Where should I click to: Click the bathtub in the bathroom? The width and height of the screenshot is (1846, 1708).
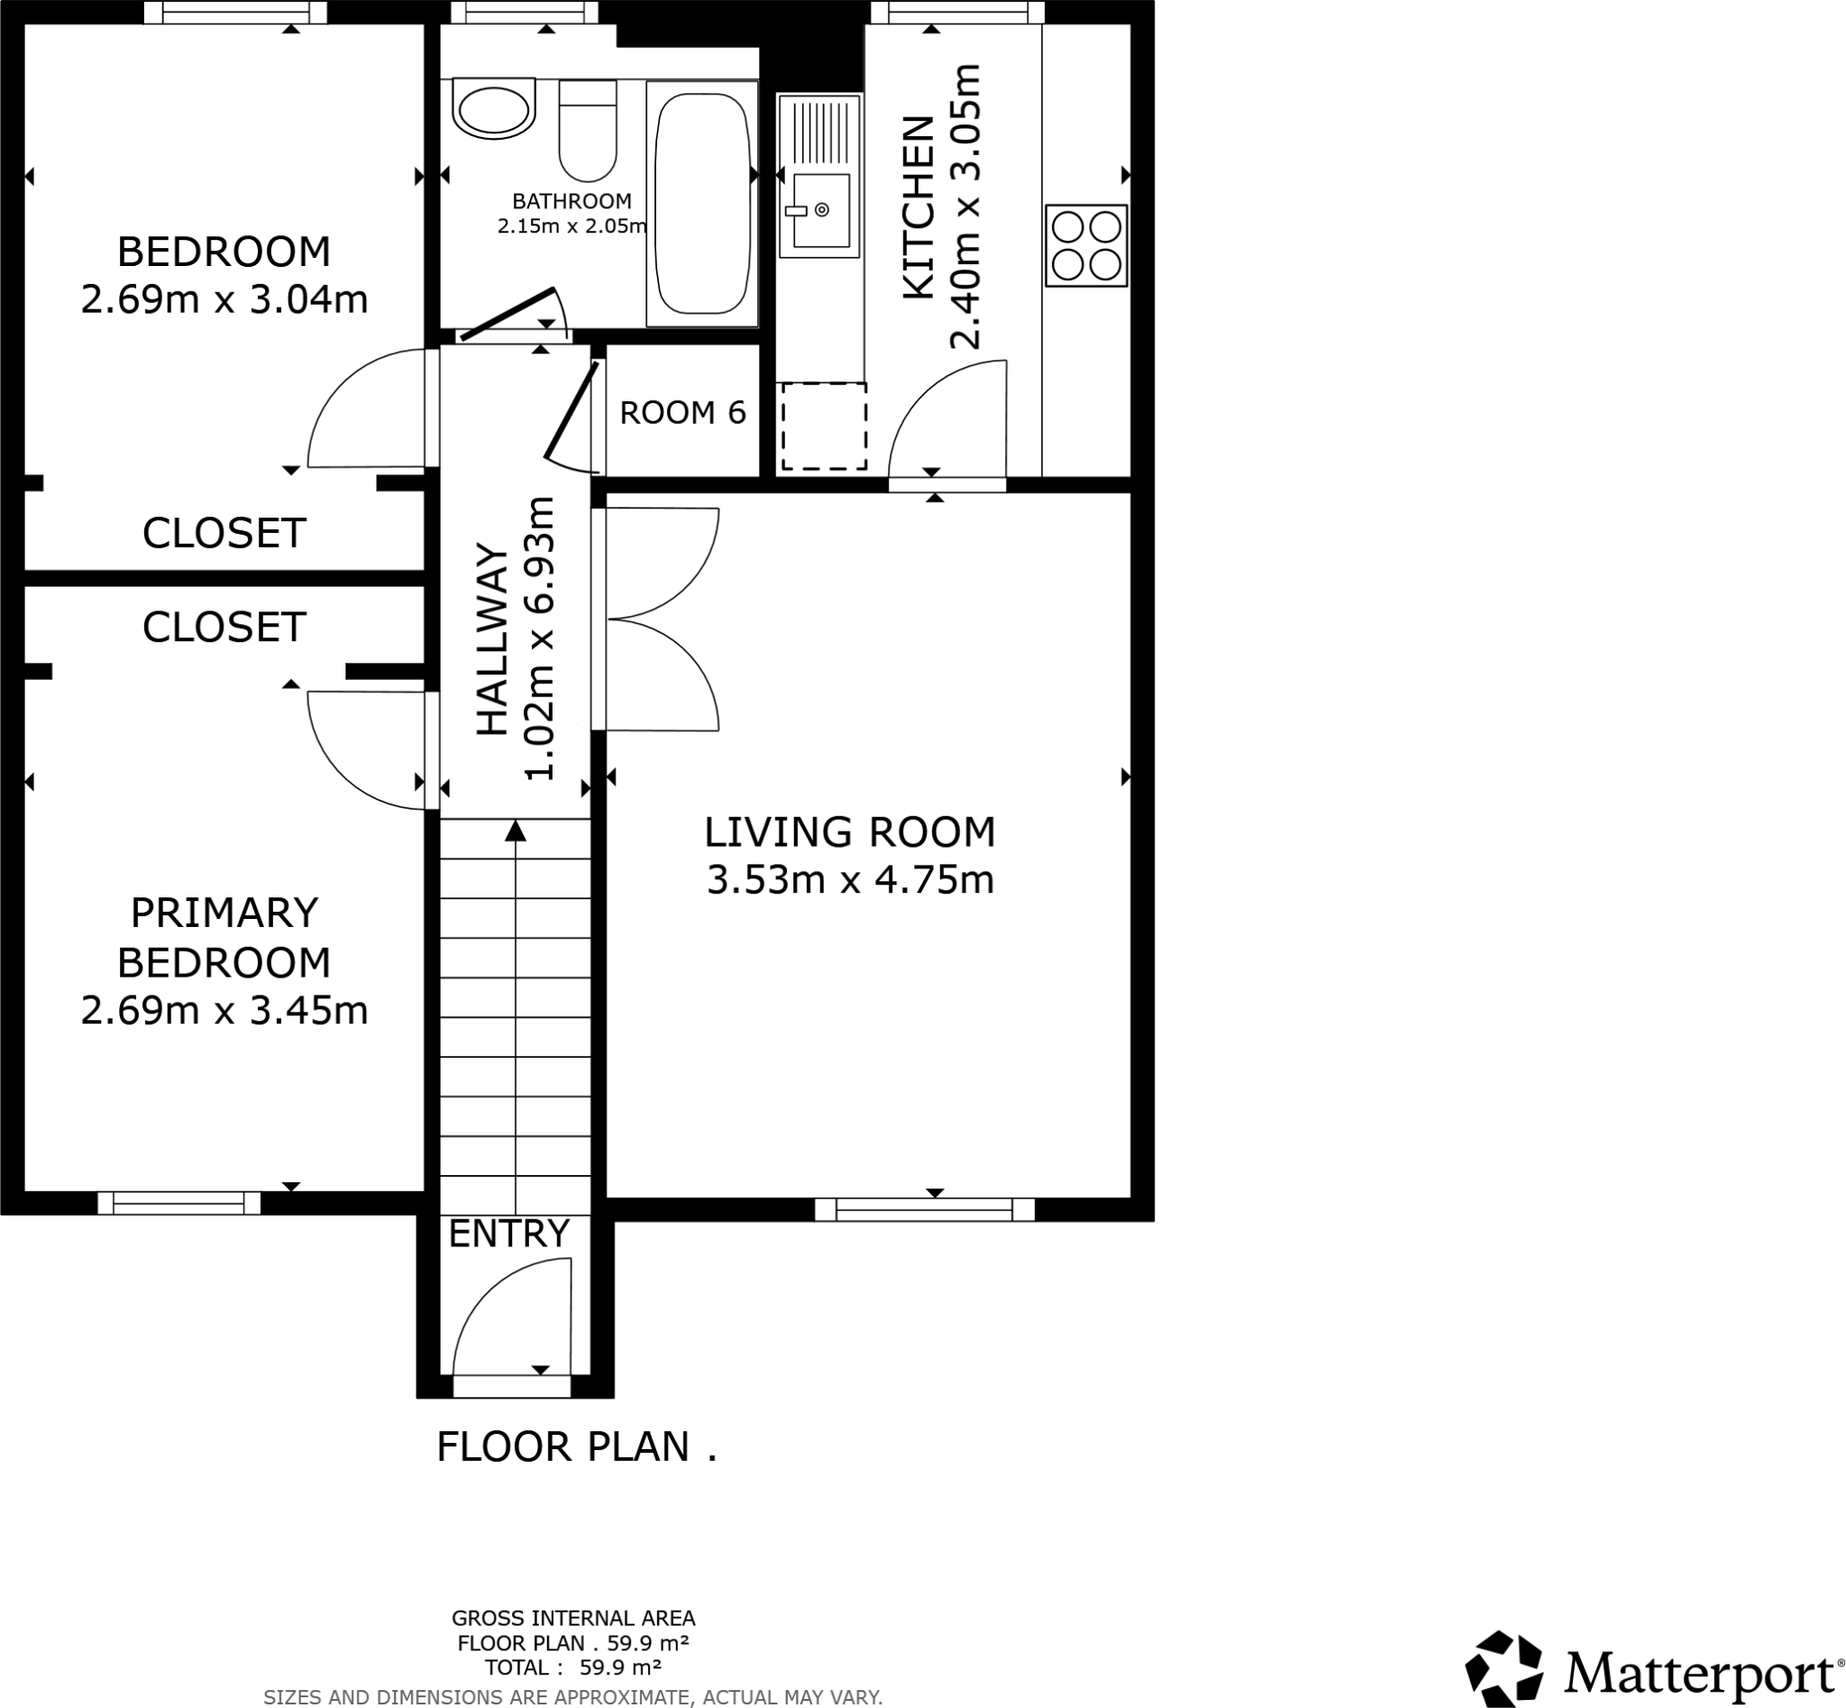pos(701,203)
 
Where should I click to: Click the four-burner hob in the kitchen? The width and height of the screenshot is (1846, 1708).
pos(1085,245)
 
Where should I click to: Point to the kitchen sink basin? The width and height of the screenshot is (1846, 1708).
pos(820,211)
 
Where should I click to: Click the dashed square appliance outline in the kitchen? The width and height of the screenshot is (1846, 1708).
pos(824,426)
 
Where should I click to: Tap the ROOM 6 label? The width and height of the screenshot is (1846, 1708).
pos(681,412)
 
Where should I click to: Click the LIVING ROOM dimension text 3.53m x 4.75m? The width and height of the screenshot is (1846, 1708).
pos(850,880)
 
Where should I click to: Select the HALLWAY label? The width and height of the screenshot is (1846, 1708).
pos(492,640)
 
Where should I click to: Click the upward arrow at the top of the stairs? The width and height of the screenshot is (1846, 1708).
pos(516,831)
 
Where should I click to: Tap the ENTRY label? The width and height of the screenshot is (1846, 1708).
pos(508,1234)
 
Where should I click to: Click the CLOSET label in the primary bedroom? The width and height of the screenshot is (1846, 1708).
pos(224,628)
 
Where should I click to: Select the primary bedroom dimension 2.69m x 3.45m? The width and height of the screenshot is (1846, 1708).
pos(224,1010)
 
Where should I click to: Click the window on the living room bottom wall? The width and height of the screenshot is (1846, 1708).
pos(924,1209)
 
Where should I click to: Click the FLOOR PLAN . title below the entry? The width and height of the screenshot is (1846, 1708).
pos(577,1447)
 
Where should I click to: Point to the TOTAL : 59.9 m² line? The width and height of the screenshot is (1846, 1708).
pos(573,1667)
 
